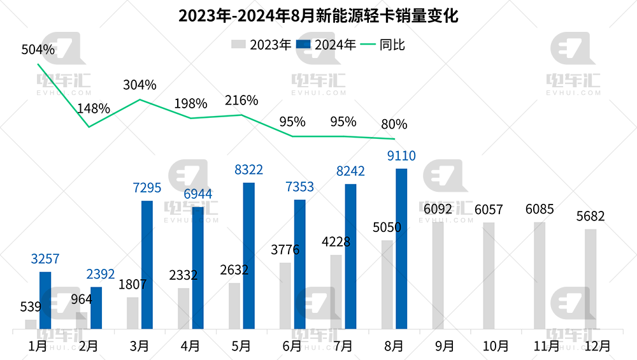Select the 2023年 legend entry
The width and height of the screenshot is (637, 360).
261,45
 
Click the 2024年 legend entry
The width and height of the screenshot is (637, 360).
327,45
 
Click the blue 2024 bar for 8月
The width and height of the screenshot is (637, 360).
401,249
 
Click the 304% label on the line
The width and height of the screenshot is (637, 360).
140,85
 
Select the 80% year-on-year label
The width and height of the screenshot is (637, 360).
394,124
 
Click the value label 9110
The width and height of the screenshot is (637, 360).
401,156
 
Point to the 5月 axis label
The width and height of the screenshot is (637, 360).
241,346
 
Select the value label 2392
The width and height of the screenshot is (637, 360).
99,275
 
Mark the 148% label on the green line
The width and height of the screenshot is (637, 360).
94,108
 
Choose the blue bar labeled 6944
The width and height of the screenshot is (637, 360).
197,268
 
